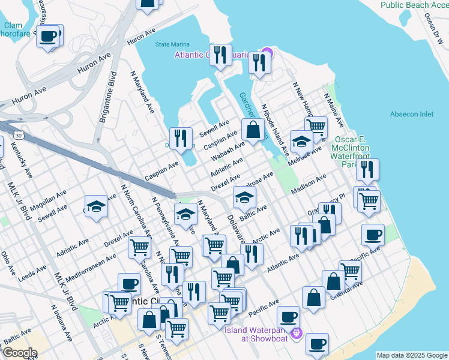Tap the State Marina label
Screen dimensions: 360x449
172,44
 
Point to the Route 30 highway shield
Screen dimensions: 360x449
20,136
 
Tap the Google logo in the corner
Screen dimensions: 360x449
20,353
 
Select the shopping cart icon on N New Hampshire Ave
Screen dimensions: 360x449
316,126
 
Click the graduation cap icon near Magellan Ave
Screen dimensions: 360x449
96,206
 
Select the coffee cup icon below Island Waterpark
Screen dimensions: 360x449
318,343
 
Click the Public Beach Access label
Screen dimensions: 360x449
414,5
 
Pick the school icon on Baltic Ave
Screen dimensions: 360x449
244,196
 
